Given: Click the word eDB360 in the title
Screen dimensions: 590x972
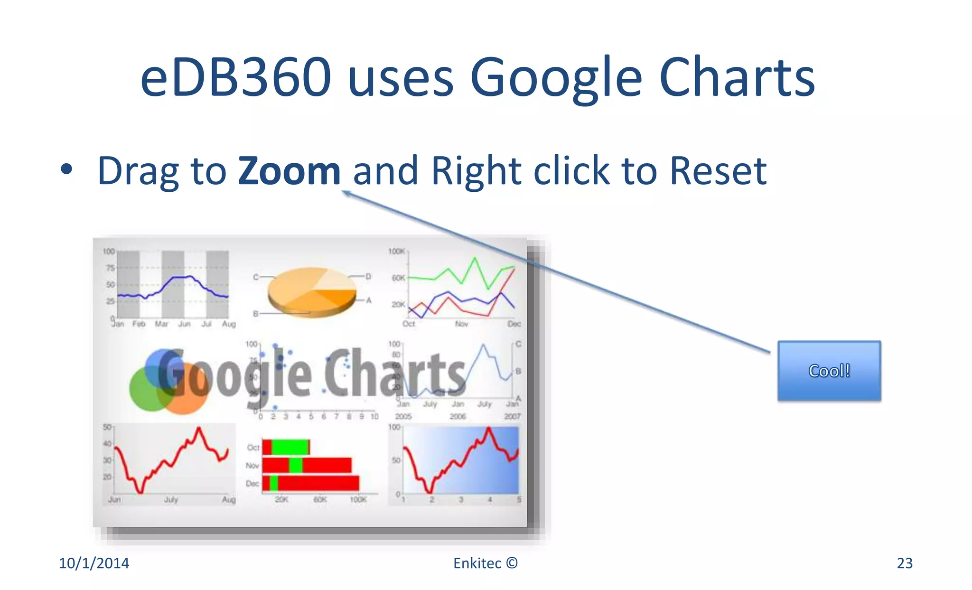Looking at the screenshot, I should (235, 77).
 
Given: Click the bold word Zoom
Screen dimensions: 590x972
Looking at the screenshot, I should (289, 170).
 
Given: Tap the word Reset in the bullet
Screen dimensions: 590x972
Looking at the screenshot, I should (718, 170).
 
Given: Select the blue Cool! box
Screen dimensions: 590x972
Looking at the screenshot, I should (829, 371).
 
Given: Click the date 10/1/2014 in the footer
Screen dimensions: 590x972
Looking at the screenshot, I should (94, 563).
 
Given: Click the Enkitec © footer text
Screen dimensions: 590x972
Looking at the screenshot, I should (485, 563).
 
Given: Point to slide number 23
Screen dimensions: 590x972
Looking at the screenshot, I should (905, 563).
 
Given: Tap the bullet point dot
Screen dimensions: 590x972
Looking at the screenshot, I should (67, 170).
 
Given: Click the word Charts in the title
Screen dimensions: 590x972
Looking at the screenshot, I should (737, 77).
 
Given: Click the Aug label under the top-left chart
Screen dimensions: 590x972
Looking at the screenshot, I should (229, 324).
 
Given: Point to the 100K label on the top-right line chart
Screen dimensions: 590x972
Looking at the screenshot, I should (397, 251).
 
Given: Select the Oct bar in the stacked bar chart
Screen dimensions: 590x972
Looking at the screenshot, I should (286, 447).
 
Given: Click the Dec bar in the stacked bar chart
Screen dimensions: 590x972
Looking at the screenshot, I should (311, 483).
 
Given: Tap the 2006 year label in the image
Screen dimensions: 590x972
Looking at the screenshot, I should (458, 416).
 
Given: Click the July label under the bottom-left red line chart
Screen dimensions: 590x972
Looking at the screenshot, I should (171, 499).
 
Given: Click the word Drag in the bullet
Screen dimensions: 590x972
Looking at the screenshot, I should (138, 171).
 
